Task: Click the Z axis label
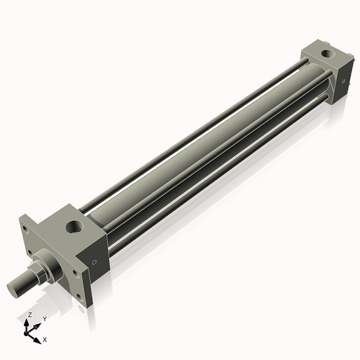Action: (x=29, y=315)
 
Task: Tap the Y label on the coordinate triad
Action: (x=44, y=318)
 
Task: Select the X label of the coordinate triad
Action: (x=45, y=338)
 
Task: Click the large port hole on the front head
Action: (x=74, y=228)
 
